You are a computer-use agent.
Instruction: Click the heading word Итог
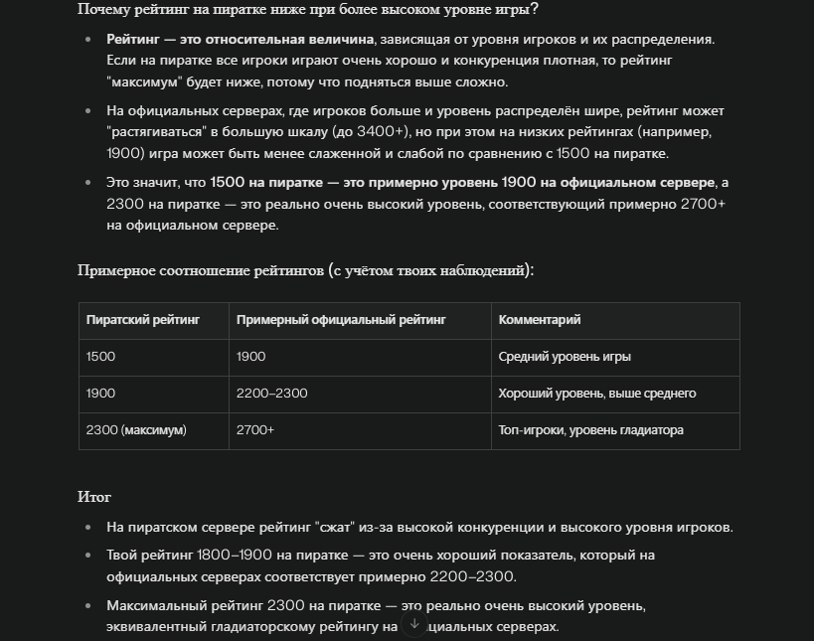pyautogui.click(x=94, y=497)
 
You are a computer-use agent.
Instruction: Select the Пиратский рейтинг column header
pyautogui.click(x=143, y=320)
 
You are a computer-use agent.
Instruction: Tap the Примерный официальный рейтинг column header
pyautogui.click(x=341, y=320)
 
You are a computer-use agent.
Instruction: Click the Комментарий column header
pyautogui.click(x=540, y=320)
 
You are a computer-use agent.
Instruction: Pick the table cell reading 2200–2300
pyautogui.click(x=272, y=394)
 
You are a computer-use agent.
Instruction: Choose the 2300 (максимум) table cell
pyautogui.click(x=136, y=430)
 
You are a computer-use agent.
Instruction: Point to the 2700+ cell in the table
pyautogui.click(x=255, y=430)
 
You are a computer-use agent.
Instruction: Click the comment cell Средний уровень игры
pyautogui.click(x=565, y=357)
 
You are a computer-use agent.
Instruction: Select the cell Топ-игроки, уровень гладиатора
pyautogui.click(x=590, y=430)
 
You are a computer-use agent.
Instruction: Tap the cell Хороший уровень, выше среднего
pyautogui.click(x=596, y=394)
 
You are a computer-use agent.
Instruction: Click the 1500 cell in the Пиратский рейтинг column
pyautogui.click(x=101, y=357)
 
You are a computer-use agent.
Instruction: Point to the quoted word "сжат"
pyautogui.click(x=333, y=528)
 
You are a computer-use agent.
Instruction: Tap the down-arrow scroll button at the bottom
pyautogui.click(x=415, y=624)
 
